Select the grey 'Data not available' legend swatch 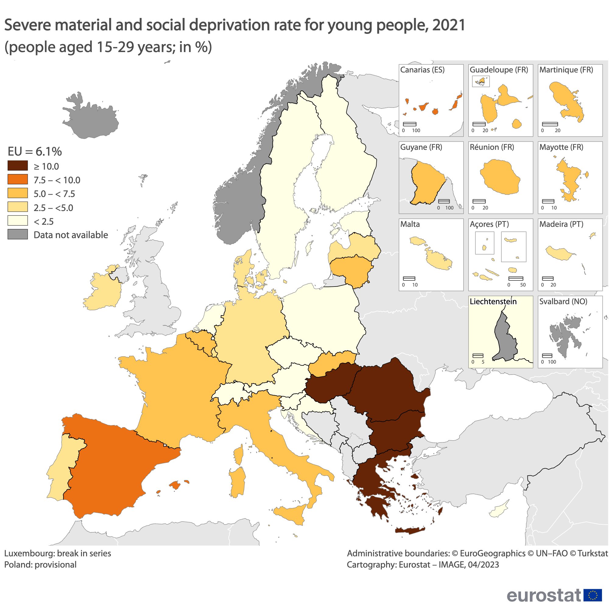tap(18, 234)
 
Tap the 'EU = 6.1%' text tap(35, 152)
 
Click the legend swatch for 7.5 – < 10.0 tap(18, 179)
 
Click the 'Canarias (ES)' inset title tap(422, 70)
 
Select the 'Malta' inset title tap(410, 224)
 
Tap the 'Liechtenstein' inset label tap(493, 301)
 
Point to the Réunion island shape tap(500, 177)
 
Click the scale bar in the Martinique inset tap(550, 124)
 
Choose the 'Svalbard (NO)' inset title tap(563, 301)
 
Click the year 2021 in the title tap(449, 25)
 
